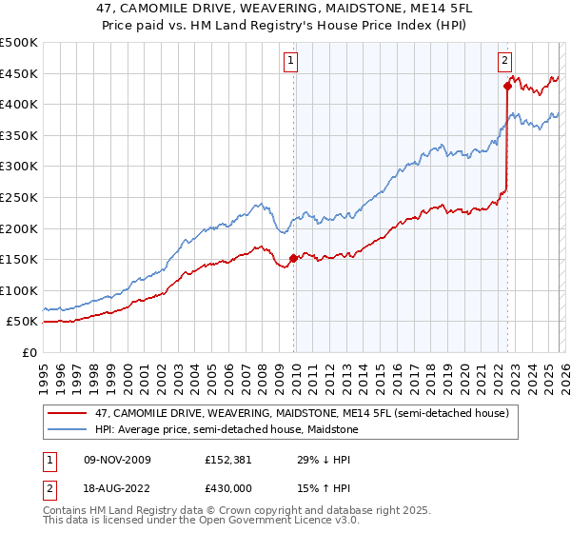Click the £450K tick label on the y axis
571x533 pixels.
click(x=19, y=73)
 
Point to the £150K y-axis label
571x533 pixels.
click(x=19, y=259)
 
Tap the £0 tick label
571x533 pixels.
click(x=30, y=352)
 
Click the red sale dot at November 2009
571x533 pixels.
click(x=293, y=258)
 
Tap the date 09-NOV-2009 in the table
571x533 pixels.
click(x=117, y=460)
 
